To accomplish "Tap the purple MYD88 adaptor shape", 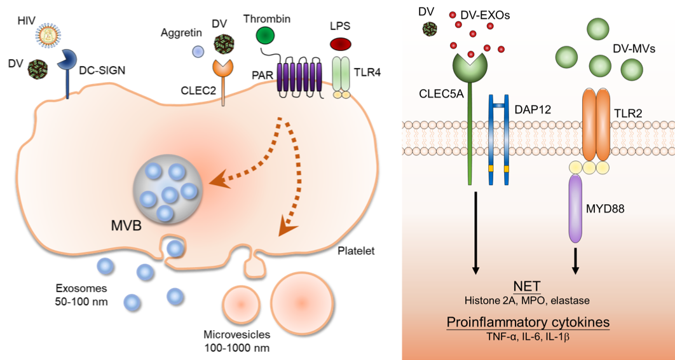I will (x=575, y=209).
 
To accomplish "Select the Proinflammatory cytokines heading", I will (x=528, y=322).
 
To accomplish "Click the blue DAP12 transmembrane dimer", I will (x=498, y=140).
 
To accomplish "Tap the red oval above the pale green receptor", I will (x=341, y=44).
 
